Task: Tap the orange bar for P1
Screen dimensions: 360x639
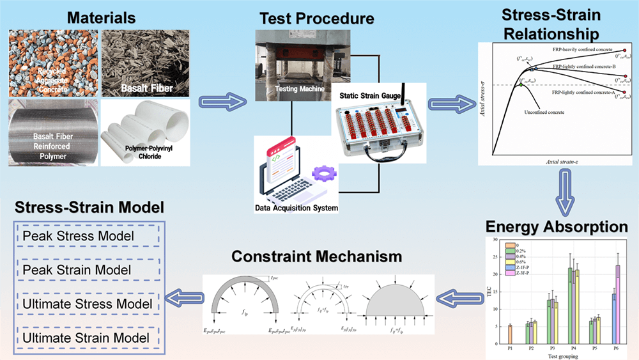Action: (510, 334)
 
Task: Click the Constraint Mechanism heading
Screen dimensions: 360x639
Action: (316, 257)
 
